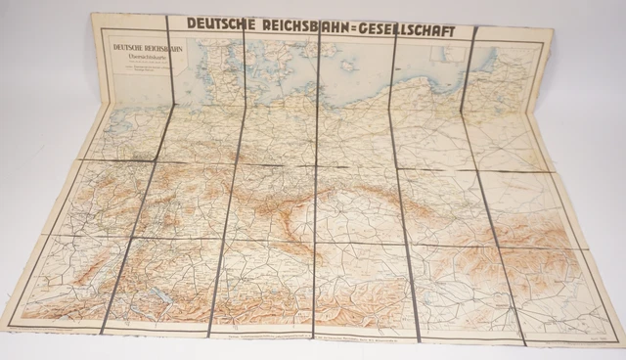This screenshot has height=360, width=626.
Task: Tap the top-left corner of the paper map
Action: coord(90,14)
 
